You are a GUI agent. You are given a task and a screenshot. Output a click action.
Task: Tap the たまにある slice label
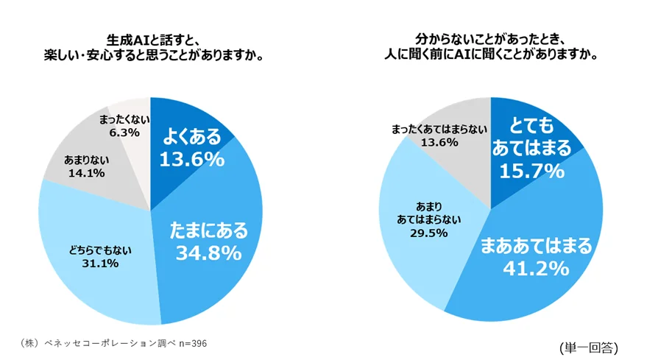(208, 231)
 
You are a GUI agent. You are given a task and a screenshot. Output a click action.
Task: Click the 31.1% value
(102, 263)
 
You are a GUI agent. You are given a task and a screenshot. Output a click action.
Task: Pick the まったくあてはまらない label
(439, 130)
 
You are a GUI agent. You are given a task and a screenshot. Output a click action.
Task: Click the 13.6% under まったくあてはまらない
(439, 143)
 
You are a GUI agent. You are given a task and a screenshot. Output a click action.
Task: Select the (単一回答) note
(588, 345)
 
